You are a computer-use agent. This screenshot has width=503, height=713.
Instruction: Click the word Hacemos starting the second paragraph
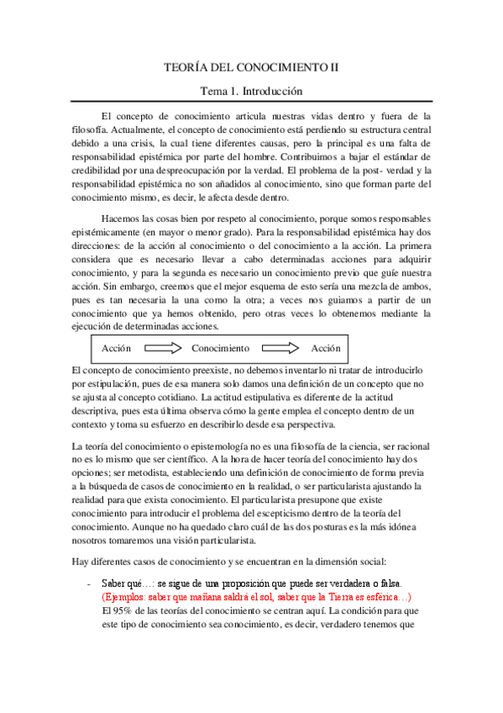click(x=123, y=221)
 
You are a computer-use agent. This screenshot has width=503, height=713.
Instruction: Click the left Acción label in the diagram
click(x=117, y=347)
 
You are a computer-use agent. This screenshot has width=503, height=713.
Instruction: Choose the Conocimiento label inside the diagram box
click(x=220, y=347)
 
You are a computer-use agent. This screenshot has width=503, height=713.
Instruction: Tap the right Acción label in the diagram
click(x=326, y=347)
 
